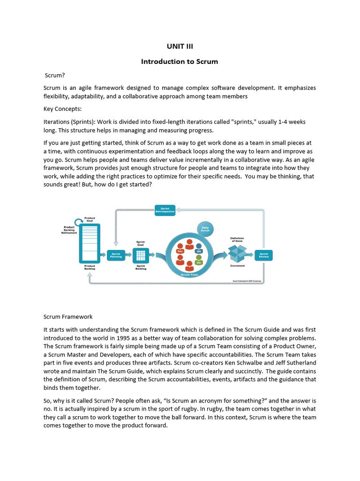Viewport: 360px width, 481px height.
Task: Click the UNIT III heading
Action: (180, 46)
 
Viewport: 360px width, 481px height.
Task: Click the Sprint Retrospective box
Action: (165, 210)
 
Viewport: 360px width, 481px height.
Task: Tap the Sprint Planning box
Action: (116, 255)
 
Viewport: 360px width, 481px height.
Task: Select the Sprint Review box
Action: (264, 255)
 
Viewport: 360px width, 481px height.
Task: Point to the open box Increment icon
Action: (237, 254)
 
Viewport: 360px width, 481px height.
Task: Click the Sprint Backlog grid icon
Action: (141, 255)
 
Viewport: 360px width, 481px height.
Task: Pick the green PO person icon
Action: (199, 261)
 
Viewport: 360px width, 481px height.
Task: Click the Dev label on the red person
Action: (180, 251)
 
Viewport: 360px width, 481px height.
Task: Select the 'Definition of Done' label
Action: (237, 239)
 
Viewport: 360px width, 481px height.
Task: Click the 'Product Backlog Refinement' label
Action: (69, 230)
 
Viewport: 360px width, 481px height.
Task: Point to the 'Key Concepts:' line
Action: (62, 109)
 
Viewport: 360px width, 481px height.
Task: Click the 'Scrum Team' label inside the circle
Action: (189, 274)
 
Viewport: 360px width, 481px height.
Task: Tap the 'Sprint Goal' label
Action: (141, 243)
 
